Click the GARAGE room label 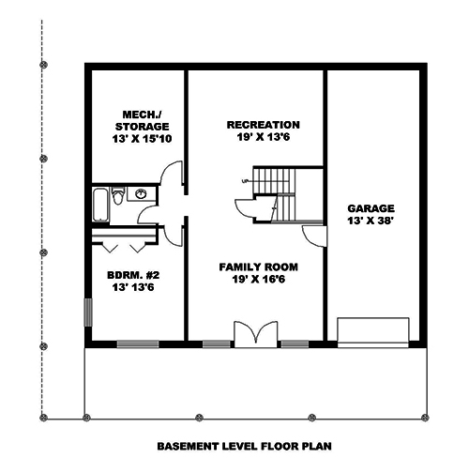[x=371, y=208]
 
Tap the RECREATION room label [x=264, y=125]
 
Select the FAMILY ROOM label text [x=258, y=267]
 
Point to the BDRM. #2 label [x=133, y=275]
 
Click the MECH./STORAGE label [x=142, y=121]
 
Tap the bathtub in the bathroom [x=100, y=206]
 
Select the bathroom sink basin [x=141, y=194]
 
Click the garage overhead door [x=373, y=332]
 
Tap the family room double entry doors [x=256, y=334]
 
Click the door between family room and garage [x=314, y=236]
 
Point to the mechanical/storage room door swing [x=171, y=173]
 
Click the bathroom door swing [x=147, y=215]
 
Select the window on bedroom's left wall [x=88, y=313]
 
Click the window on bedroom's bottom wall [x=138, y=344]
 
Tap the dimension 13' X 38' [x=371, y=221]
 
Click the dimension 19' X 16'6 [x=259, y=280]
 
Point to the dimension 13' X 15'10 [x=142, y=139]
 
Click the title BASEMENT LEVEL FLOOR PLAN [x=244, y=446]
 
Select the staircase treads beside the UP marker [x=274, y=181]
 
